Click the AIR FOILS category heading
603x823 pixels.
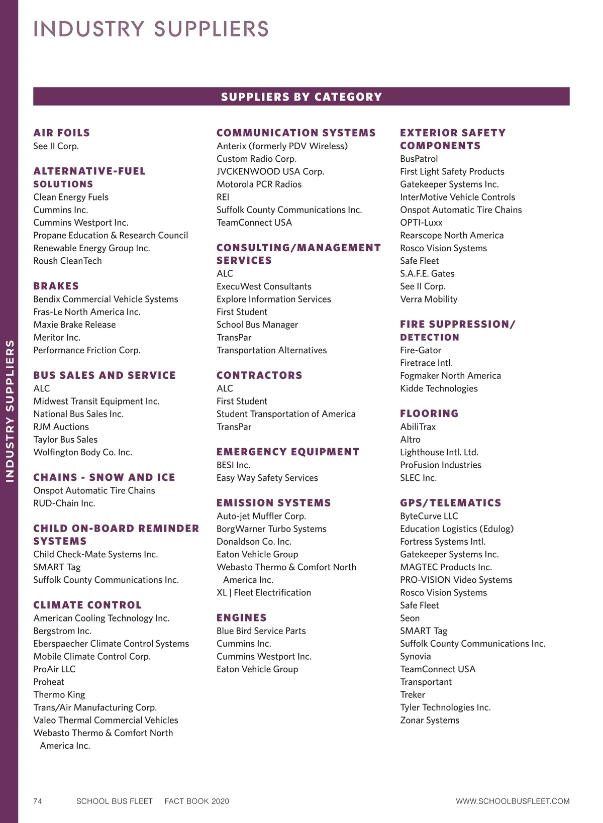61,133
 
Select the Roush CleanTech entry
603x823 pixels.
67,261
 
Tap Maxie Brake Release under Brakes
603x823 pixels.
74,325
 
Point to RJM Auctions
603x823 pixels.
61,427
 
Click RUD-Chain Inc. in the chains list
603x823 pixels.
64,503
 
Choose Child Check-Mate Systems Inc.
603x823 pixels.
95,554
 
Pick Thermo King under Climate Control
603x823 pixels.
59,694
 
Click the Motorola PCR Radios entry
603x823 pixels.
259,184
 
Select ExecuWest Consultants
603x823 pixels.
264,286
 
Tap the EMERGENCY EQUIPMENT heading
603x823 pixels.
287,452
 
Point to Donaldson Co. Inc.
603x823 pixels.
254,542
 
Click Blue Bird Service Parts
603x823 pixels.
261,631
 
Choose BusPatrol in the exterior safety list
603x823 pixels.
419,159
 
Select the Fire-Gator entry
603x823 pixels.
420,350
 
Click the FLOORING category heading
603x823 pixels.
429,414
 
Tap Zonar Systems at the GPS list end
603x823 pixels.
429,720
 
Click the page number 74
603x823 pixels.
38,801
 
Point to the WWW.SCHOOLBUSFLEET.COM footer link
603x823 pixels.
512,801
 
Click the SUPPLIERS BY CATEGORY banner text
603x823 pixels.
301,97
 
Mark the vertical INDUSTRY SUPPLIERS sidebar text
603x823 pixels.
10,411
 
